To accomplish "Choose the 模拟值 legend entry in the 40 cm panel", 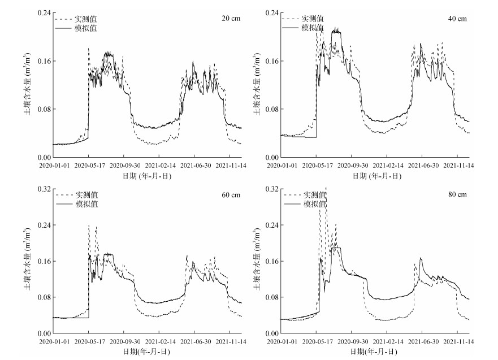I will (x=313, y=27).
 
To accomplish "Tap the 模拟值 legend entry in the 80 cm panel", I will (x=313, y=203).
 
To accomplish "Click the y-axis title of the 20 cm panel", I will (x=27, y=85).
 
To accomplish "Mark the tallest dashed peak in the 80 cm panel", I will (x=326, y=188).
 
